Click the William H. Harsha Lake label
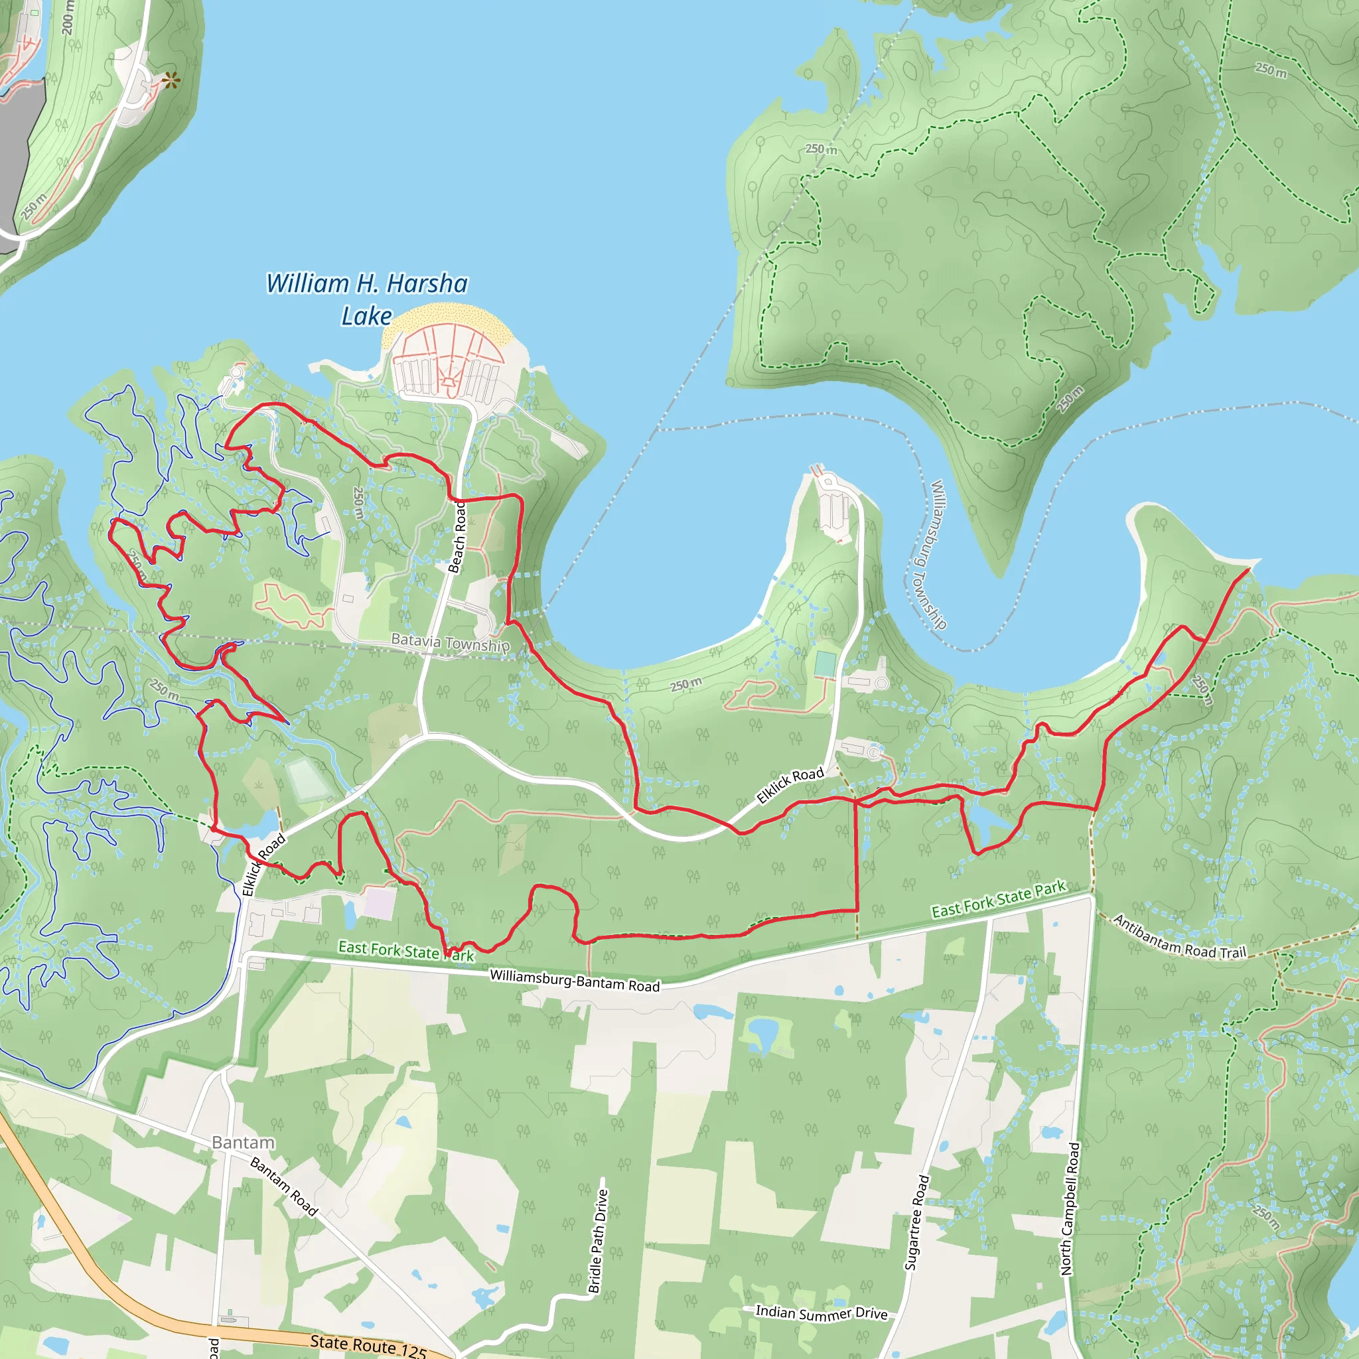click(x=366, y=299)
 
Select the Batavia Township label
click(x=450, y=642)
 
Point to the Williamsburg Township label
click(x=938, y=554)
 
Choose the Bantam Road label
click(x=284, y=1186)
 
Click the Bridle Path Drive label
click(x=598, y=1241)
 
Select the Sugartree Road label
click(x=916, y=1222)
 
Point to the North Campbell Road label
click(x=1070, y=1208)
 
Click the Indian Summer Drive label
click(x=821, y=1313)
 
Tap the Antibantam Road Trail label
click(x=1179, y=938)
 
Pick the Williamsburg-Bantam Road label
click(x=575, y=980)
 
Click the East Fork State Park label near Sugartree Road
click(x=998, y=900)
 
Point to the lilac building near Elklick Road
click(x=380, y=903)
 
